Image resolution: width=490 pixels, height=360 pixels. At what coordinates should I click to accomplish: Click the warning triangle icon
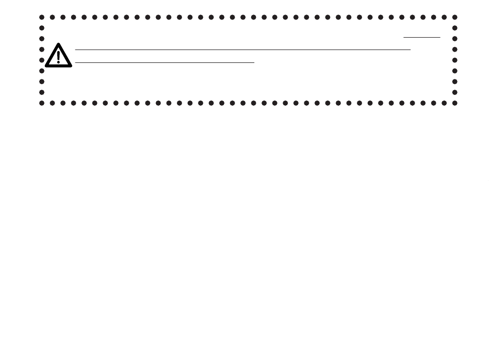(x=58, y=56)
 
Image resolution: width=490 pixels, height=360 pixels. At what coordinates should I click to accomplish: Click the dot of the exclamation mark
(x=58, y=62)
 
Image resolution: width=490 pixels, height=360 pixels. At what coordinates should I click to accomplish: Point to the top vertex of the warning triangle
(x=58, y=43)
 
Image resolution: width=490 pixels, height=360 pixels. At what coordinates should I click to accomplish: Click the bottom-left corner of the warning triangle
(x=45, y=67)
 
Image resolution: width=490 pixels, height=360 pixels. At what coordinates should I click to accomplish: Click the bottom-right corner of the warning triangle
(x=72, y=67)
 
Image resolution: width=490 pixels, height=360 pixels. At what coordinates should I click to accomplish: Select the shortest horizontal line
(x=422, y=37)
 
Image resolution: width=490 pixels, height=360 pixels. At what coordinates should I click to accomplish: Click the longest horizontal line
(x=242, y=50)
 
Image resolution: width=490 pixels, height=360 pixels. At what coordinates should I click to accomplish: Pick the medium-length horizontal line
(x=165, y=62)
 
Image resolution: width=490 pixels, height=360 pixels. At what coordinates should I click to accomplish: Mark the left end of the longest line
(x=75, y=50)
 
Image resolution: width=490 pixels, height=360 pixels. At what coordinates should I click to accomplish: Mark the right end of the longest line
(x=410, y=50)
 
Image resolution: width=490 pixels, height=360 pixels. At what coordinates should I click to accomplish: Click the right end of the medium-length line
(x=255, y=62)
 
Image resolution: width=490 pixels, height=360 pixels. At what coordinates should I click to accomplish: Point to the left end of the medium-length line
(x=75, y=62)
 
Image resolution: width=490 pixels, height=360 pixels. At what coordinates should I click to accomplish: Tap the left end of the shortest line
(x=404, y=37)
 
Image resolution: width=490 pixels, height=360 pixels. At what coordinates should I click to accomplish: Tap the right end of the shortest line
(x=440, y=37)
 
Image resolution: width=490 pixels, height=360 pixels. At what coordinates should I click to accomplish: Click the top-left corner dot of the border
(x=42, y=17)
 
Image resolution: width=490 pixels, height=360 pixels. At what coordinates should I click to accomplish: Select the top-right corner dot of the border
(x=455, y=17)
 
